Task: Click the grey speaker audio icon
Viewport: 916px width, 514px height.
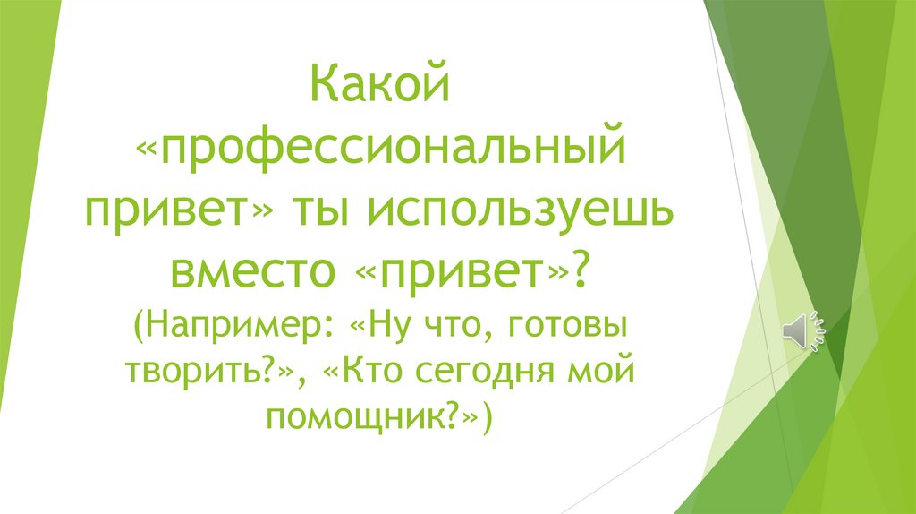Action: (x=802, y=332)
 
